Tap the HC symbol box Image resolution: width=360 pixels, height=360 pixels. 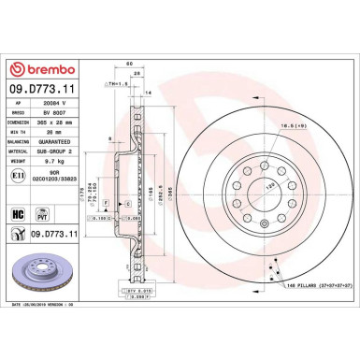click(20, 214)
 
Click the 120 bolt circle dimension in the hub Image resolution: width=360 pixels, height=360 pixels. click(246, 187)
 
